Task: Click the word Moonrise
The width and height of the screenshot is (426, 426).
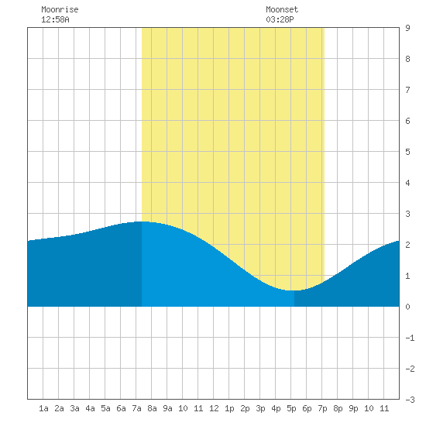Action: tap(60, 9)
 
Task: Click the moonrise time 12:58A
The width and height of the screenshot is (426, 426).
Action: tap(55, 19)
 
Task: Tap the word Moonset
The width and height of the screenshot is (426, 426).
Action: tap(282, 9)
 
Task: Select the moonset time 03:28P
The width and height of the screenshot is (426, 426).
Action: tap(280, 19)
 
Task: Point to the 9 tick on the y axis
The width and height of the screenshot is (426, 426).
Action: tap(407, 28)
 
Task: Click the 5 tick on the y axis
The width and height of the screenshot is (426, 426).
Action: tap(407, 152)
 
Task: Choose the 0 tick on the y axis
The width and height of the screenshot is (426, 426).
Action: tap(407, 307)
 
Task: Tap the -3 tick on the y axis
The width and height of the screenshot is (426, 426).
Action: tap(410, 400)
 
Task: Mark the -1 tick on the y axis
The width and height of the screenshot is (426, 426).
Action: tap(410, 338)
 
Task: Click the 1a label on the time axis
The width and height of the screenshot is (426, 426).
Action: tap(43, 408)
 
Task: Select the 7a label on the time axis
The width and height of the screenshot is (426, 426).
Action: tap(136, 408)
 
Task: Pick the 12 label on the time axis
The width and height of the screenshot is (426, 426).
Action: tap(214, 408)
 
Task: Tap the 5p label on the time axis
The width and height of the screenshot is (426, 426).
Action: tap(291, 408)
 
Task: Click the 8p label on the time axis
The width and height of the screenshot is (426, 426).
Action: tap(338, 408)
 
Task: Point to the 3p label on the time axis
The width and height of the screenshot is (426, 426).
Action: tap(260, 408)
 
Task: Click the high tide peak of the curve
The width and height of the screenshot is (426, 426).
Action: tap(143, 222)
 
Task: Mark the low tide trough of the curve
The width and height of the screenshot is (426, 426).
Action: tap(293, 290)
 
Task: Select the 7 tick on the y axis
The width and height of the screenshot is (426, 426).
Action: tap(407, 90)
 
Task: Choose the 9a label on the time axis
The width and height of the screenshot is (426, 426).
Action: tap(167, 408)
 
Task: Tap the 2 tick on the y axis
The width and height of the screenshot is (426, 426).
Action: tap(407, 245)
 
